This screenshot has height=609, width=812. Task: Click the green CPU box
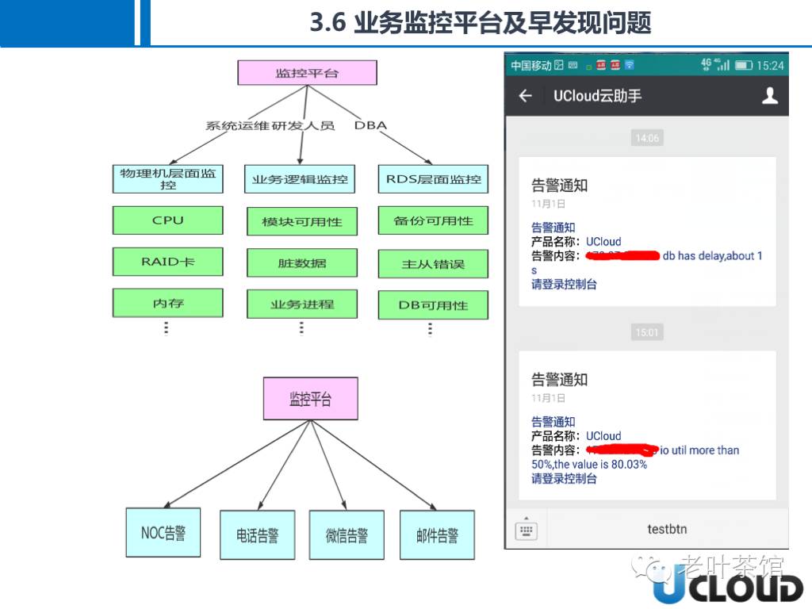[x=167, y=220]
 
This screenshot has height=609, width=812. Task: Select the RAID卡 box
[x=167, y=262]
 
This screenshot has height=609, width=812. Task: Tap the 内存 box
[x=167, y=303]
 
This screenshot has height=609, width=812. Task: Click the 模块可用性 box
[x=301, y=222]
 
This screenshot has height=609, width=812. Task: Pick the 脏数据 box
[x=301, y=263]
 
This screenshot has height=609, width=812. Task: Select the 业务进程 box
[x=301, y=304]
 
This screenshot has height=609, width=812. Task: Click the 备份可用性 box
[x=433, y=221]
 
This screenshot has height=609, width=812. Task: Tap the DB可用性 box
[x=433, y=305]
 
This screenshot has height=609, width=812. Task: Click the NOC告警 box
[x=163, y=533]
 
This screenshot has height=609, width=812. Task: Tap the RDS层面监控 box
[x=433, y=179]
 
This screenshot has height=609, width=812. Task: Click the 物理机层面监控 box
[x=167, y=178]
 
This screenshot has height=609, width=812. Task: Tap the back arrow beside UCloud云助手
[x=525, y=96]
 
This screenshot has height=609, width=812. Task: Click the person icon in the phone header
[x=769, y=96]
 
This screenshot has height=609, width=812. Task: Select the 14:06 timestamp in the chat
[x=647, y=138]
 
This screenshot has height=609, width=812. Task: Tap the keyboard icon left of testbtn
[x=526, y=530]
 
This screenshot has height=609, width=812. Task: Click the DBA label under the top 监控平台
[x=370, y=125]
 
